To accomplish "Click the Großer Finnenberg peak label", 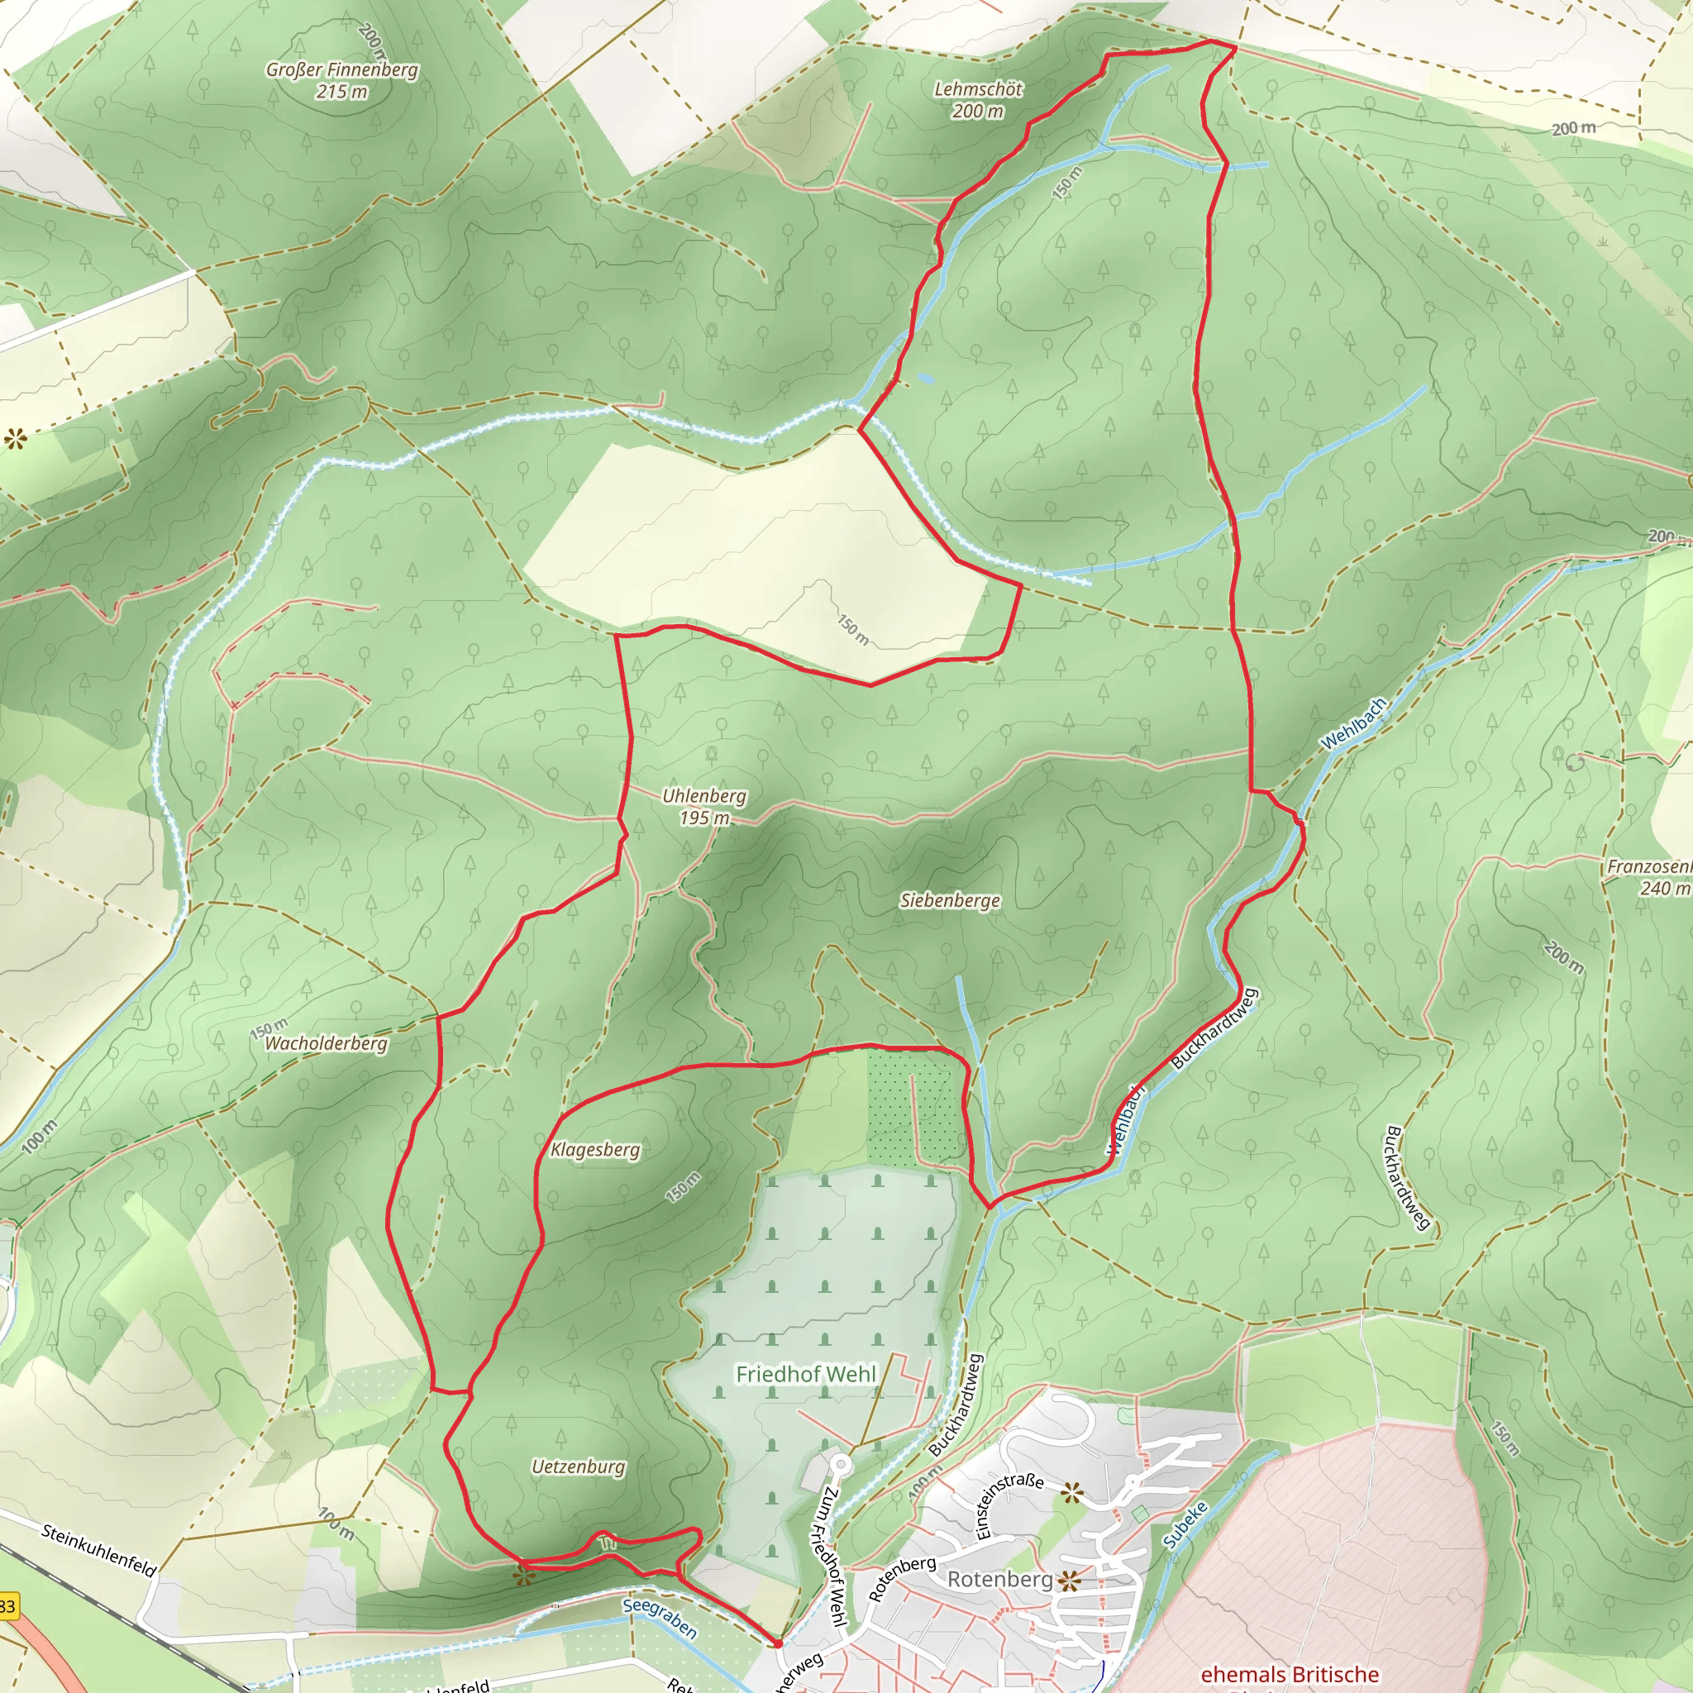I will click(341, 79).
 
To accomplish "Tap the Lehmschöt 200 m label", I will click(978, 100).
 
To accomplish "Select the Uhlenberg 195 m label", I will click(704, 806).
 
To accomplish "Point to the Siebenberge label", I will click(950, 900).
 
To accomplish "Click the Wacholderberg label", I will click(326, 1042).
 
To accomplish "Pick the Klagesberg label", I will click(595, 1149).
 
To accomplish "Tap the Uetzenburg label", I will click(579, 1466).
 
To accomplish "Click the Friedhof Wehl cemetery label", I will click(805, 1374).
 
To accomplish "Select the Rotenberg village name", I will click(1000, 1578).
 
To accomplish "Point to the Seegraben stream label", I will click(660, 1618).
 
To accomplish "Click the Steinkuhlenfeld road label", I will click(99, 1550).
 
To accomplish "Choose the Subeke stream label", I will click(1185, 1524).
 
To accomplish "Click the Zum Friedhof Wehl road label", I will click(834, 1557).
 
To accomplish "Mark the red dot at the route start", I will click(777, 1643).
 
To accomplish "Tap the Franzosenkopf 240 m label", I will click(1649, 877).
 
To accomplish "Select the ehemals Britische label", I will click(1289, 1675).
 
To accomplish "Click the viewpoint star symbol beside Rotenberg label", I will click(1069, 1581).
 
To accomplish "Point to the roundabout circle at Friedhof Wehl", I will click(841, 1462).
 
